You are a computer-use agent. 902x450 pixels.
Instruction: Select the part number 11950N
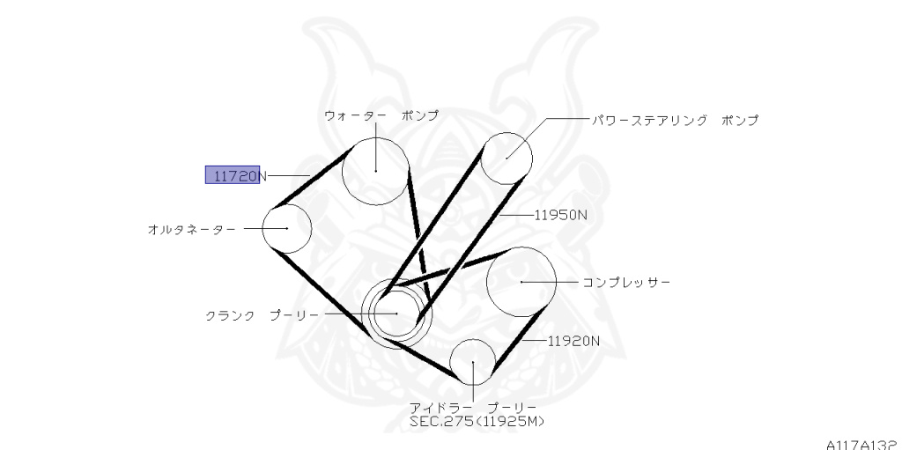[560, 214]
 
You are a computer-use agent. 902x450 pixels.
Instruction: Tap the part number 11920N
[573, 340]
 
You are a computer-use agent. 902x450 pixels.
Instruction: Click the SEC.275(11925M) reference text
[477, 422]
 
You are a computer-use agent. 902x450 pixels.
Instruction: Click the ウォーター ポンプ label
[381, 116]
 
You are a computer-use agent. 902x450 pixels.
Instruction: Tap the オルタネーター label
[191, 229]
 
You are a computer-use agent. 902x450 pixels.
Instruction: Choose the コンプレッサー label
[626, 283]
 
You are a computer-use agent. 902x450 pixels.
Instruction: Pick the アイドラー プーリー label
[472, 407]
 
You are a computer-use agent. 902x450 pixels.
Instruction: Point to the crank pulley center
[396, 314]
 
